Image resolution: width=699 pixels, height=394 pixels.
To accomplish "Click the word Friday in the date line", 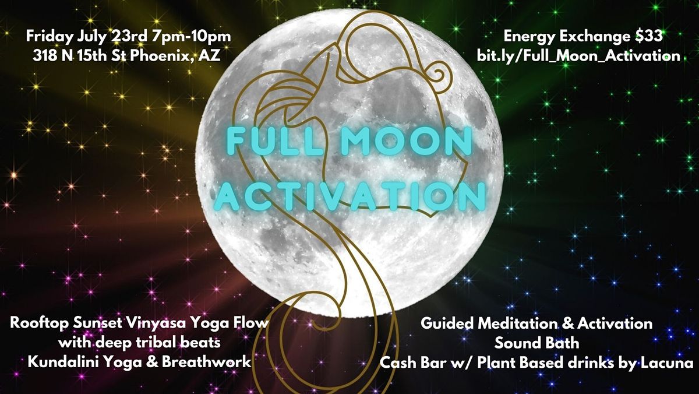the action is (x=50, y=37).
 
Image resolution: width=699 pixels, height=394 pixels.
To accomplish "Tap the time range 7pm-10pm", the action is (x=192, y=37).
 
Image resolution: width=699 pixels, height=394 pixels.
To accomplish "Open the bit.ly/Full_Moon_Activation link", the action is (x=578, y=56).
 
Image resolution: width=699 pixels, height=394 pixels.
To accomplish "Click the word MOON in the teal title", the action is (x=407, y=142).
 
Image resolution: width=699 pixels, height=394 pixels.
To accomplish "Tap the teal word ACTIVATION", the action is (x=350, y=196).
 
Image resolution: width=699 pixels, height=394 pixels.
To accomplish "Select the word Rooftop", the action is (x=39, y=323).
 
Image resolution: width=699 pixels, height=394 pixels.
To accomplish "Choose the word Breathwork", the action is (x=207, y=362).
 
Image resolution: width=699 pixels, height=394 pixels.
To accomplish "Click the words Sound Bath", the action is (x=536, y=343).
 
